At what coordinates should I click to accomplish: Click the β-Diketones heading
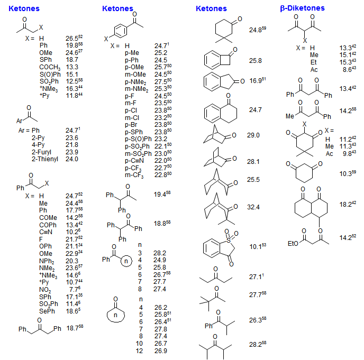click(302, 8)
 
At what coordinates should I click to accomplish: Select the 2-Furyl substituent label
click(47, 151)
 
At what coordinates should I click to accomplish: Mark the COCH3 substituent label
click(49, 67)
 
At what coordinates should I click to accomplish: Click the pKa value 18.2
click(345, 204)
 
